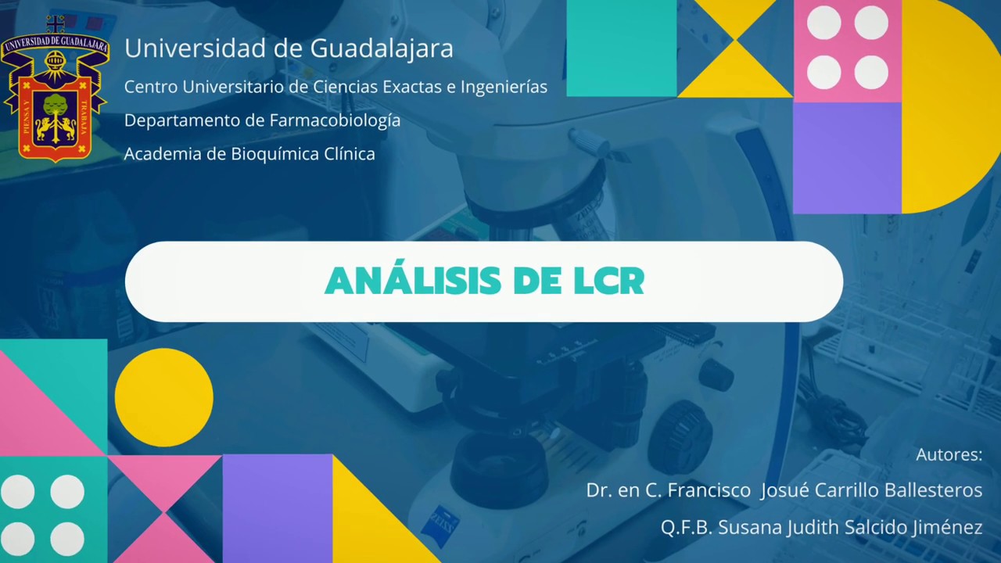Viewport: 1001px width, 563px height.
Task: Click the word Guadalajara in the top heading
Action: coord(382,48)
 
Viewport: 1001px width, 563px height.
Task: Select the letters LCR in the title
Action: coord(608,281)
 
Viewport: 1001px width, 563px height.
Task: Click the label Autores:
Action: coord(949,454)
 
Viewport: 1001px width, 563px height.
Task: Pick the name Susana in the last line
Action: coord(749,527)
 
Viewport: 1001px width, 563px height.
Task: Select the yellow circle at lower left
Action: coord(163,397)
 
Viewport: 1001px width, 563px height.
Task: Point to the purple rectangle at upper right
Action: coord(847,157)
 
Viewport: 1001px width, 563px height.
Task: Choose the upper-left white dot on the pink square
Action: coord(823,23)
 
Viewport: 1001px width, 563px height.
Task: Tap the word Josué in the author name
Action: coord(784,490)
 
